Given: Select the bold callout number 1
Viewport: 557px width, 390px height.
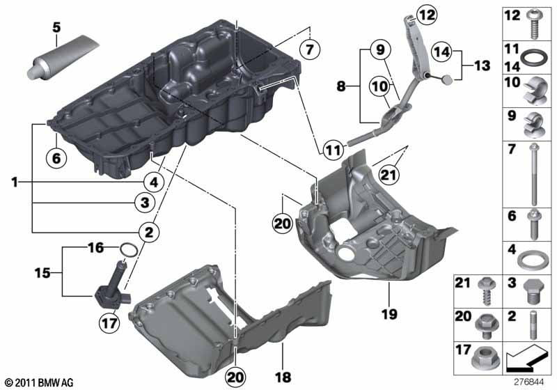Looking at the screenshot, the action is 14,182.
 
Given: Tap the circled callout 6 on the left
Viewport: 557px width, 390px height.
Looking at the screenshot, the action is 56,157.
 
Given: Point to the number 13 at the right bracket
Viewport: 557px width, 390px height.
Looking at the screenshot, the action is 483,65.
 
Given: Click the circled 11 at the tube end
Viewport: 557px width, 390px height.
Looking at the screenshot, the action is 331,148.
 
